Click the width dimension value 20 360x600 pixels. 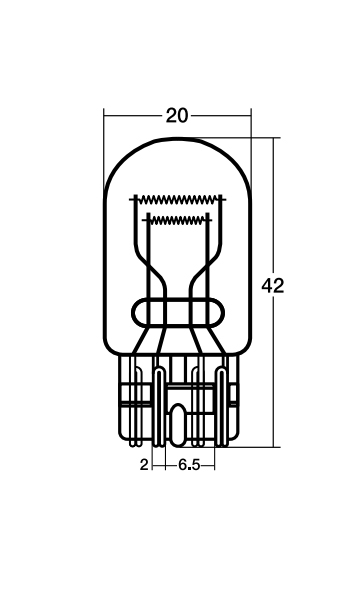[177, 116]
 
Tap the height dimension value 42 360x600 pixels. [273, 286]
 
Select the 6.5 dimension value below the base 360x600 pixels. [189, 465]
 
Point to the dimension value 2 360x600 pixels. [144, 465]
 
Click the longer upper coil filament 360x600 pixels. [178, 199]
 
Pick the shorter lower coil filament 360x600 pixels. [178, 220]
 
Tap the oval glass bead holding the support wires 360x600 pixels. [178, 313]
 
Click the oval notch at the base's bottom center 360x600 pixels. [178, 425]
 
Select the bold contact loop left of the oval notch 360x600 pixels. [159, 406]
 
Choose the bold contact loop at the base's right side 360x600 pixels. [222, 406]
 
